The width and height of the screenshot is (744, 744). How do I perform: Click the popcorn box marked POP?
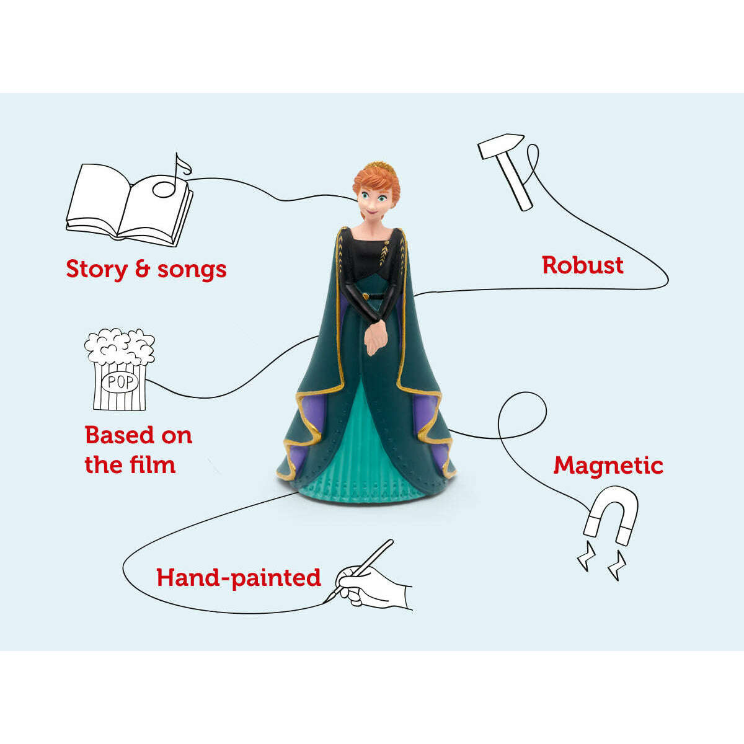120,372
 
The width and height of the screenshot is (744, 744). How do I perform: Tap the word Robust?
582,265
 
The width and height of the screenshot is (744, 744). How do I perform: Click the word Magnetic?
608,465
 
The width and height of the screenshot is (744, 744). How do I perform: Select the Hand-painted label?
239,577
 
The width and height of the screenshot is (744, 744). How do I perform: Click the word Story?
96,269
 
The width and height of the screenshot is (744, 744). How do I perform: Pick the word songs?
192,269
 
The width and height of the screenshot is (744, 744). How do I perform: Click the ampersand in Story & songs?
142,269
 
